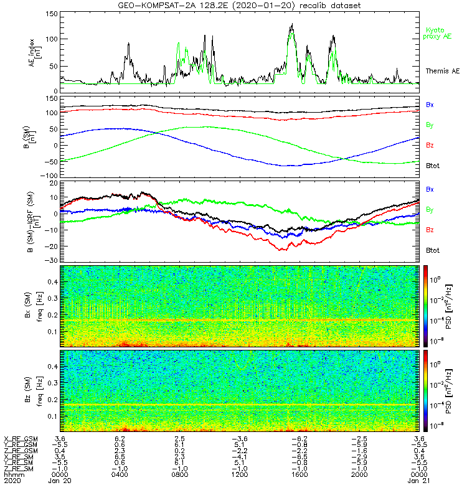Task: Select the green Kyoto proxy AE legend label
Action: pos(438,33)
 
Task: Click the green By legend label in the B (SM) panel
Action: pos(430,125)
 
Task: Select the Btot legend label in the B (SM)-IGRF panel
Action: pos(433,250)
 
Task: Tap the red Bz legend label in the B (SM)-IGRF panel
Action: pos(430,230)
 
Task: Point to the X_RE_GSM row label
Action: pos(21,439)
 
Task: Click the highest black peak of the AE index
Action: pos(292,24)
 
